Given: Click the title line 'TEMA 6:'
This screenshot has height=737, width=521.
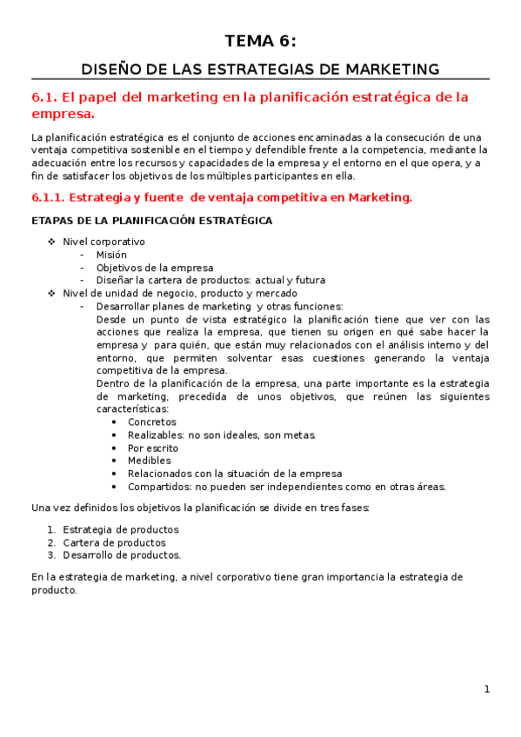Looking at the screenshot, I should [x=260, y=41].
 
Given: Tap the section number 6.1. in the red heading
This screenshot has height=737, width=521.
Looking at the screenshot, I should [x=43, y=97].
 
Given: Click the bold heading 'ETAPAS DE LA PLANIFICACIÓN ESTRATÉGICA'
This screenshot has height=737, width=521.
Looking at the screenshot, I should [x=151, y=221].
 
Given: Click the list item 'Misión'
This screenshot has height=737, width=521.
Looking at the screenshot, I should [x=111, y=255].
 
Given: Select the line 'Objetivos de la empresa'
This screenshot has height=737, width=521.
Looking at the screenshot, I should [x=155, y=268].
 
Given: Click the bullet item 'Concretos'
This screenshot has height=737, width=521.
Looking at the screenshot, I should [x=151, y=422].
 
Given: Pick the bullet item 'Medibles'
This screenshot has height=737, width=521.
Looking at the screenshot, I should [x=149, y=461].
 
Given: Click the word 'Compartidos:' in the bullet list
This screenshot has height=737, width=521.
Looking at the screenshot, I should [x=159, y=487].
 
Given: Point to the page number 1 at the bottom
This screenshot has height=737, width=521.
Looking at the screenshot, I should [x=487, y=689].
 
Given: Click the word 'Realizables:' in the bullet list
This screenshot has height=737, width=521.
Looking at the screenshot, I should [x=157, y=435].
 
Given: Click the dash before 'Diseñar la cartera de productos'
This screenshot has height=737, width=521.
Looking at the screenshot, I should [x=82, y=281].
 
